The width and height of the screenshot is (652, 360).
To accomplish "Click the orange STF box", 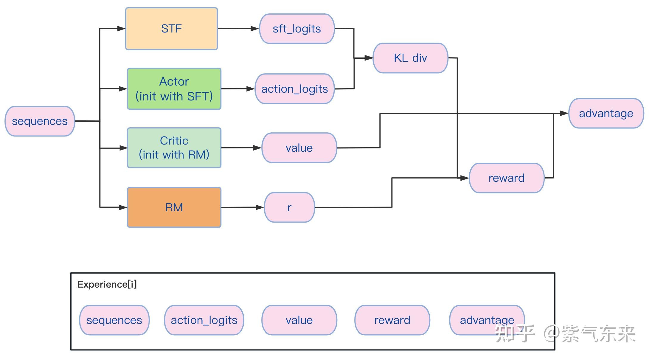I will click(x=171, y=29).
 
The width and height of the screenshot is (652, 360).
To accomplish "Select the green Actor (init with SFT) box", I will click(x=174, y=89).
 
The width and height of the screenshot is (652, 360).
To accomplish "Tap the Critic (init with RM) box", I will click(x=174, y=148).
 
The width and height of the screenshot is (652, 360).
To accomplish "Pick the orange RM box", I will click(x=174, y=207).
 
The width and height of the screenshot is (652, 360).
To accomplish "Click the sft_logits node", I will click(x=297, y=29).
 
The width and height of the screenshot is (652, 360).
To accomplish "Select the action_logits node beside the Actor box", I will click(x=294, y=89).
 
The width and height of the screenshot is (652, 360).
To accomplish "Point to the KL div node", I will click(x=410, y=58).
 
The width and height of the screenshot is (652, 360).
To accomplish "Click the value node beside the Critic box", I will click(x=299, y=148).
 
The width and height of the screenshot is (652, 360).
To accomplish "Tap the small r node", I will click(x=289, y=207).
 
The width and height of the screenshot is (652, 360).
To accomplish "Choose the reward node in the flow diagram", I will click(x=507, y=178).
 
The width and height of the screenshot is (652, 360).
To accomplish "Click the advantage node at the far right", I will click(x=606, y=113).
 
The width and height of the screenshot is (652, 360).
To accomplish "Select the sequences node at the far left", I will click(x=40, y=121).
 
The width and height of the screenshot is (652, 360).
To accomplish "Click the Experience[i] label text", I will click(x=107, y=284).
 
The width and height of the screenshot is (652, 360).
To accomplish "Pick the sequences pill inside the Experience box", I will click(x=114, y=320).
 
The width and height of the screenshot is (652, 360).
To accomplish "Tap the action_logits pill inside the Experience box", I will click(x=204, y=320).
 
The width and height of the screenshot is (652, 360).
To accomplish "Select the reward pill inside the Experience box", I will click(x=392, y=320).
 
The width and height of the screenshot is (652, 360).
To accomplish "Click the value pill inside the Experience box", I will click(x=299, y=320).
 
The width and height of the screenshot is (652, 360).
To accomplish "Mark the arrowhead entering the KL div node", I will click(x=369, y=58).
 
